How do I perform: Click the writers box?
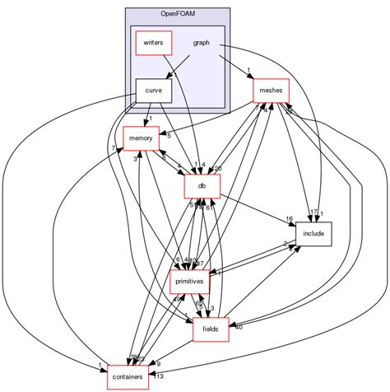click(153, 42)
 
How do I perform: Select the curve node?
click(153, 90)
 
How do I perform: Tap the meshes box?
click(271, 91)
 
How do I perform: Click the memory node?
click(140, 138)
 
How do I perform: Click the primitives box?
click(190, 281)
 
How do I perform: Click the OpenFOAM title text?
click(177, 14)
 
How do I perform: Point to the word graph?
click(201, 42)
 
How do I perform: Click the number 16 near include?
click(290, 219)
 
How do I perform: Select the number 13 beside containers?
click(158, 377)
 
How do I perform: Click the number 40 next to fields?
click(239, 327)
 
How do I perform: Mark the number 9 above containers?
click(158, 363)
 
